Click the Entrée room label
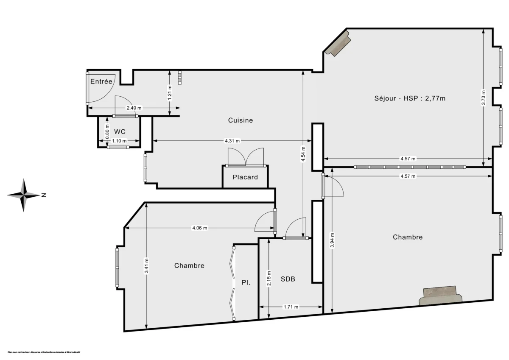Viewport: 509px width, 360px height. (101, 81)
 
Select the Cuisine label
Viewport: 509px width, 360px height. (241, 120)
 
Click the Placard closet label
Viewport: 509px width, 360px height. (245, 177)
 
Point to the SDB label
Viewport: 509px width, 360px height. (288, 279)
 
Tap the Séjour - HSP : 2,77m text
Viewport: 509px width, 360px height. (410, 98)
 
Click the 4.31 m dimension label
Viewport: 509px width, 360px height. (232, 141)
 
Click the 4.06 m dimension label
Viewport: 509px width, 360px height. (200, 228)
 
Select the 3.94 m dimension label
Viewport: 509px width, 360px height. (332, 241)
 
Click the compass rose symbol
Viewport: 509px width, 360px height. (24, 195)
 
